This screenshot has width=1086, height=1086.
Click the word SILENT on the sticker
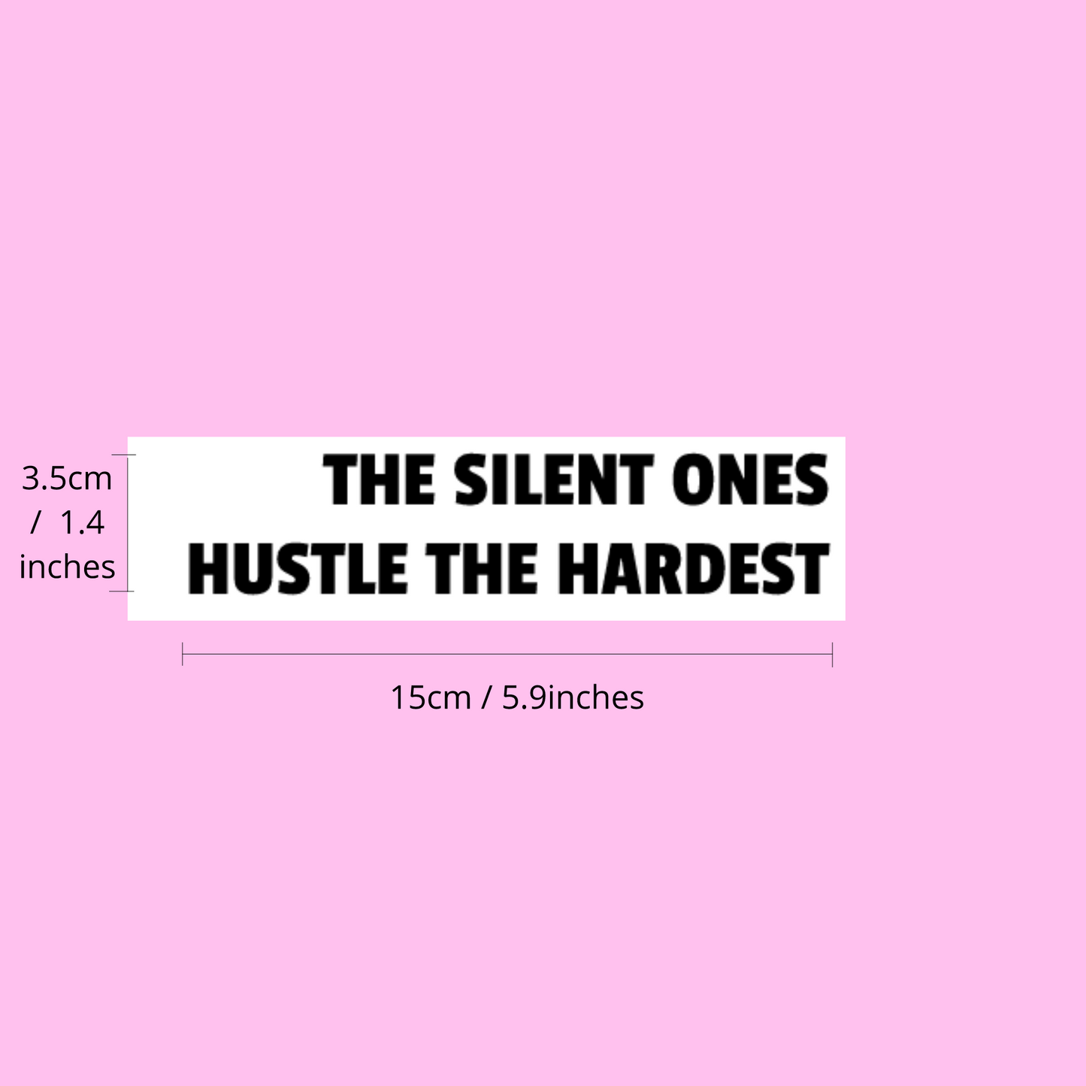point(553,479)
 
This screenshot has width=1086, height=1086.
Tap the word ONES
point(750,479)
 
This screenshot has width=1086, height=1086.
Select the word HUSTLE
point(297,568)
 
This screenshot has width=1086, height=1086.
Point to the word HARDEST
point(694,568)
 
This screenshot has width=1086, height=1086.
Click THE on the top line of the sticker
point(379,479)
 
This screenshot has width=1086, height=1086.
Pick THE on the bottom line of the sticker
point(482,568)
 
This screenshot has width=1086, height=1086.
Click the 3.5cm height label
point(66,479)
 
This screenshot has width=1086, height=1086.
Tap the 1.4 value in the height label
point(82,522)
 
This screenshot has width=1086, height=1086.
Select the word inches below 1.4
point(67,567)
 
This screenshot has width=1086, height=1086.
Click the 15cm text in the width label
point(431,697)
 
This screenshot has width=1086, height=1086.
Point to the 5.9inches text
point(573,697)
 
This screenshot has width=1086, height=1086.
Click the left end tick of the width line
point(183,654)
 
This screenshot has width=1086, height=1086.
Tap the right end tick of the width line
point(833,654)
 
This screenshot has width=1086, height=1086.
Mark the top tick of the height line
point(123,454)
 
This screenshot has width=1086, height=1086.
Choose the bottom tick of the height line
point(122,591)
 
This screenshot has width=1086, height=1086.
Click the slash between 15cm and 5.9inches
point(486,697)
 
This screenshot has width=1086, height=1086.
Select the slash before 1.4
point(36,522)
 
